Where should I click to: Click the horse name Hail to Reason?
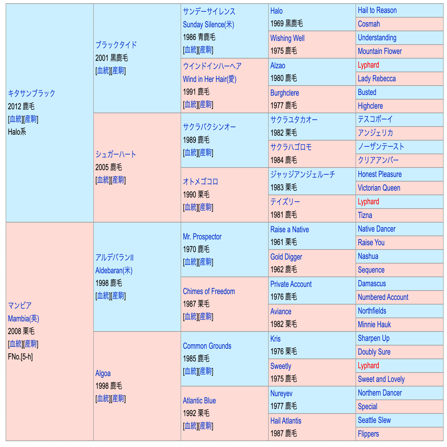tap(377, 10)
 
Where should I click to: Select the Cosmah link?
tap(369, 24)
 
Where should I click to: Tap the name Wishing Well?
tap(287, 38)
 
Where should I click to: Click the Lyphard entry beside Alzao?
tap(368, 65)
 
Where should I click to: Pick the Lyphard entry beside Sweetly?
tap(368, 366)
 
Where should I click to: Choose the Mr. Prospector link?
tap(202, 237)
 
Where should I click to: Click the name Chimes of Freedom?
tap(209, 291)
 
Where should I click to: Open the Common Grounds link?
tap(207, 346)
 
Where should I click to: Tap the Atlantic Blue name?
tap(199, 400)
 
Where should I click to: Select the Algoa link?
tap(103, 373)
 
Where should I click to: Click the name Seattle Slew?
tap(374, 420)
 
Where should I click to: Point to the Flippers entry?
tap(368, 434)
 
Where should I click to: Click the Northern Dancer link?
tap(380, 393)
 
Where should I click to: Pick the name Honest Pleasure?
tap(380, 174)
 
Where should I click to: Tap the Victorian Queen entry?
tap(379, 188)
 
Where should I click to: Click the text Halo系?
tap(17, 132)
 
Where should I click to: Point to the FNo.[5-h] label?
tap(20, 357)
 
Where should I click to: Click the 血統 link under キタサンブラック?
tap(16, 119)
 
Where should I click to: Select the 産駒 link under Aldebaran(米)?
tap(118, 296)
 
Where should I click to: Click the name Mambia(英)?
tap(23, 318)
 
